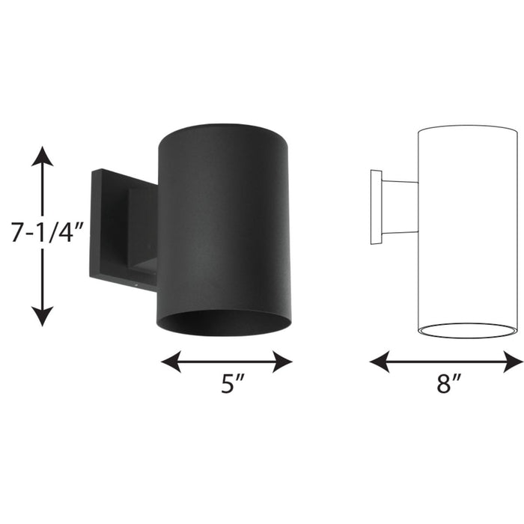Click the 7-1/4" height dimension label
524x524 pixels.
(43, 234)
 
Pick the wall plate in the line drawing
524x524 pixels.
(377, 208)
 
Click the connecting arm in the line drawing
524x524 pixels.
(400, 207)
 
